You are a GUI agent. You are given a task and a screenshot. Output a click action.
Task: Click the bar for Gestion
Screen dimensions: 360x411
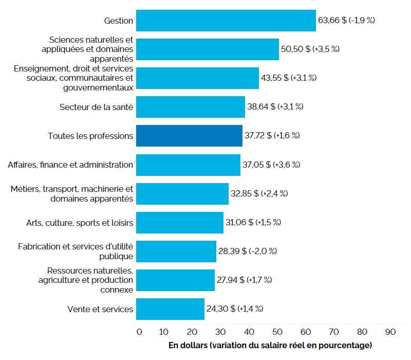[226, 21]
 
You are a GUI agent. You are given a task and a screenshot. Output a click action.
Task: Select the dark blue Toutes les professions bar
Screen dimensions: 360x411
[189, 136]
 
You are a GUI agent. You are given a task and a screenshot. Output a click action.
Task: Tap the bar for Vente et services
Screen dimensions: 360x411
[170, 309]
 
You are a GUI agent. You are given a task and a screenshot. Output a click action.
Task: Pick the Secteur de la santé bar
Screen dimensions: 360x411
[191, 107]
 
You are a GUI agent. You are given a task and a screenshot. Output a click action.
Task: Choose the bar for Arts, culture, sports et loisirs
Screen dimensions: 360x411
[180, 223]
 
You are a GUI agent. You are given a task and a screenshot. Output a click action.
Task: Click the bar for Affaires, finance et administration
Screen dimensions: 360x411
[188, 165]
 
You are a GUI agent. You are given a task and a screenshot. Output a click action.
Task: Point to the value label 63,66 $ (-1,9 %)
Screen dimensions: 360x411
[347, 21]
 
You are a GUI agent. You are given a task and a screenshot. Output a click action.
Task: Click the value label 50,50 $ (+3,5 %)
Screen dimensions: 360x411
[310, 49]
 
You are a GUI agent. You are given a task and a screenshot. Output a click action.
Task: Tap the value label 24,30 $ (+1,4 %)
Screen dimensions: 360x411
[235, 309]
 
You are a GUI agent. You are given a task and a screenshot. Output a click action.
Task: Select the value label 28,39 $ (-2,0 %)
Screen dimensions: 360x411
[248, 251]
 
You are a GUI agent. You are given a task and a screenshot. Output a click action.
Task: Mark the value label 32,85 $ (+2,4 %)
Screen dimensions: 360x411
[259, 193]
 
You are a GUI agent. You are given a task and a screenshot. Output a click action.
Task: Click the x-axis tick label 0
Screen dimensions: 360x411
[139, 332]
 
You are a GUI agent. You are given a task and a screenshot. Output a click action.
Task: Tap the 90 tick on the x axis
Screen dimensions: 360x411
[390, 332]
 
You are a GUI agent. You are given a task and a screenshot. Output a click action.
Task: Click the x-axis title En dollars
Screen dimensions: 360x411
[270, 345]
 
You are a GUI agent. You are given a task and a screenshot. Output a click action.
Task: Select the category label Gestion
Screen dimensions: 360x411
[118, 21]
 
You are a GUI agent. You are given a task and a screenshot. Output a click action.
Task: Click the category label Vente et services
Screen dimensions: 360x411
[100, 309]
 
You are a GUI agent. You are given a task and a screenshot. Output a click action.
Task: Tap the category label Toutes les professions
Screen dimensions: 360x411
[90, 136]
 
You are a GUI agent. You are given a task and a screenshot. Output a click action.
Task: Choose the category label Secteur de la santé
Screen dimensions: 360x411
[96, 107]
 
